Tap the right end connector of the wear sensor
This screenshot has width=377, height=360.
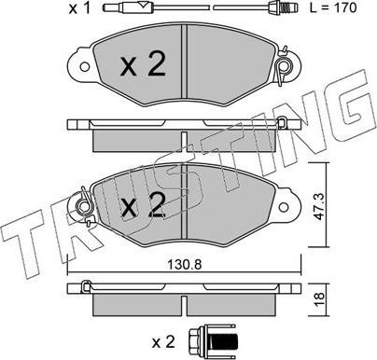(x=290, y=10)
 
